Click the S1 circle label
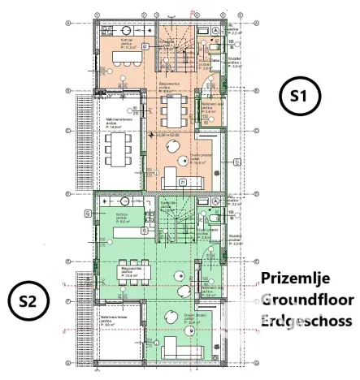click(299, 96)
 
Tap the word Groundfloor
click(306, 300)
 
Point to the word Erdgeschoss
click(306, 321)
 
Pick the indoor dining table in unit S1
click(173, 107)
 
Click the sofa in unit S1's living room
click(180, 179)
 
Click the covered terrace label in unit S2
click(114, 322)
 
